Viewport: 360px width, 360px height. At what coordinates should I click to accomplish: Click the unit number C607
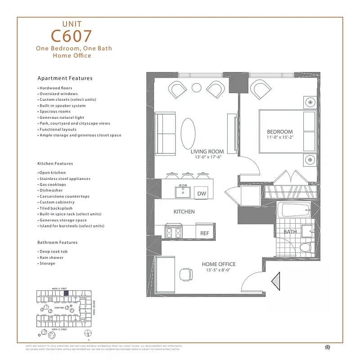pos(72,36)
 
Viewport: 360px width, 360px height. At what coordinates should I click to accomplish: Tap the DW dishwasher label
pos(201,193)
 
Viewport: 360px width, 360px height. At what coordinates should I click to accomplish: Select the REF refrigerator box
pos(205,233)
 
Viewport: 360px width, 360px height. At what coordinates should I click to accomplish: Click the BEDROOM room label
pos(279,132)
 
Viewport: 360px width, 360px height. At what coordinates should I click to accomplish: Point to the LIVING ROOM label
pos(207,152)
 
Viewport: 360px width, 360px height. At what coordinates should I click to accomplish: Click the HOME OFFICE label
pos(218,264)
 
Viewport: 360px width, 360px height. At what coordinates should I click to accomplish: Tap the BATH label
pos(290,232)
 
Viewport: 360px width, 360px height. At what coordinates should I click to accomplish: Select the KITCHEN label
pos(184,211)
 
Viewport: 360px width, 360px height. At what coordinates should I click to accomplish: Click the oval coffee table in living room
pos(189,133)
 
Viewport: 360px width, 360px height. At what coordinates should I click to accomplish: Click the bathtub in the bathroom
pos(294,210)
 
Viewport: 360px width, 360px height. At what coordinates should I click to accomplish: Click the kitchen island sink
pos(182,192)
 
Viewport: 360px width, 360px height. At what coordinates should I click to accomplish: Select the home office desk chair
pos(186,274)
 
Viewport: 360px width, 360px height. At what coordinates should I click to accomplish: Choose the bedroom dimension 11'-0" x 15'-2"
pos(279,138)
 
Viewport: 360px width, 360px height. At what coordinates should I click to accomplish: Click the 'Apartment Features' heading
pos(65,78)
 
